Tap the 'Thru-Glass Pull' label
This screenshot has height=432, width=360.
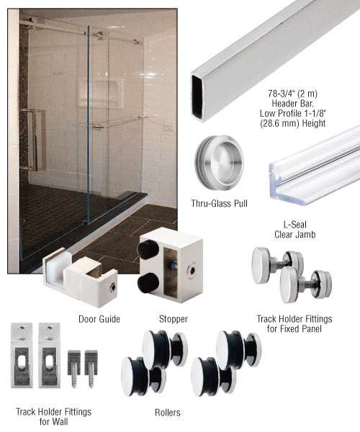(x=220, y=204)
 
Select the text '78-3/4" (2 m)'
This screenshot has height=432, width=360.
(x=292, y=94)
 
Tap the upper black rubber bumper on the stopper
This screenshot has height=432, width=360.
(x=148, y=250)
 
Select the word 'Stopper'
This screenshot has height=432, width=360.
(x=174, y=319)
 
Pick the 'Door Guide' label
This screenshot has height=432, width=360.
(x=99, y=319)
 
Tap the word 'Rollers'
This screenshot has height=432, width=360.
(x=168, y=413)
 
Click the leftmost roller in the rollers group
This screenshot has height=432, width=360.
(x=138, y=376)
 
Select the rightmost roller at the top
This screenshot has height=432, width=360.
(x=238, y=349)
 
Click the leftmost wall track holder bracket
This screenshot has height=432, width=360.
(x=22, y=356)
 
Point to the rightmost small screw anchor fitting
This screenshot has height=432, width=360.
(x=91, y=368)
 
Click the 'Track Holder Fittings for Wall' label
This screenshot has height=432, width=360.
(x=53, y=417)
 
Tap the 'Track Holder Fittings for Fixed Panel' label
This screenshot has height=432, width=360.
(x=294, y=324)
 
